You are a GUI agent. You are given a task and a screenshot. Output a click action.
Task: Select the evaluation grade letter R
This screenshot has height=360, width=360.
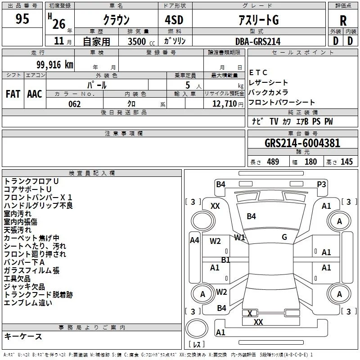343,21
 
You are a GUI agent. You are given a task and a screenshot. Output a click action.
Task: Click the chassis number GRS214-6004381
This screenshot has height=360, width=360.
302,144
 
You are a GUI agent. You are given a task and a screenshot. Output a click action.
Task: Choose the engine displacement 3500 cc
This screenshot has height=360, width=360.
138,41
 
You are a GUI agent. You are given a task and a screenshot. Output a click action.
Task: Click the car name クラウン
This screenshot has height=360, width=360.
116,20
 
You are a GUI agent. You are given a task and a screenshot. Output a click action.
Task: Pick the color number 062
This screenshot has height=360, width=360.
75,104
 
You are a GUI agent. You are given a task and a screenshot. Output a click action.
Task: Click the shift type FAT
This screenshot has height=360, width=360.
13,94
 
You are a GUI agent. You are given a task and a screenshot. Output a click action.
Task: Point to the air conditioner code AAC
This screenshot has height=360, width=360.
35,94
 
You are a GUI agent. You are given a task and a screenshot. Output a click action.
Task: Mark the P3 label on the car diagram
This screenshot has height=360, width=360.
321,184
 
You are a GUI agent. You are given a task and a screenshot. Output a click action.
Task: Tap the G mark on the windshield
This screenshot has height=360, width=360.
284,237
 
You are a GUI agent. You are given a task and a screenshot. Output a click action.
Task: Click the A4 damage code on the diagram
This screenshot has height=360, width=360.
194,240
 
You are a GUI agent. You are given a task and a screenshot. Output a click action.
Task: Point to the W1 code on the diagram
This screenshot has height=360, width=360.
239,237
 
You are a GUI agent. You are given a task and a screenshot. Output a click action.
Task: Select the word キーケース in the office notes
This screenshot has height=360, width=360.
23,336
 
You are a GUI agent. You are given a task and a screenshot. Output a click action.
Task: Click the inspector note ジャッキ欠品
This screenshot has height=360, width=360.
24,287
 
